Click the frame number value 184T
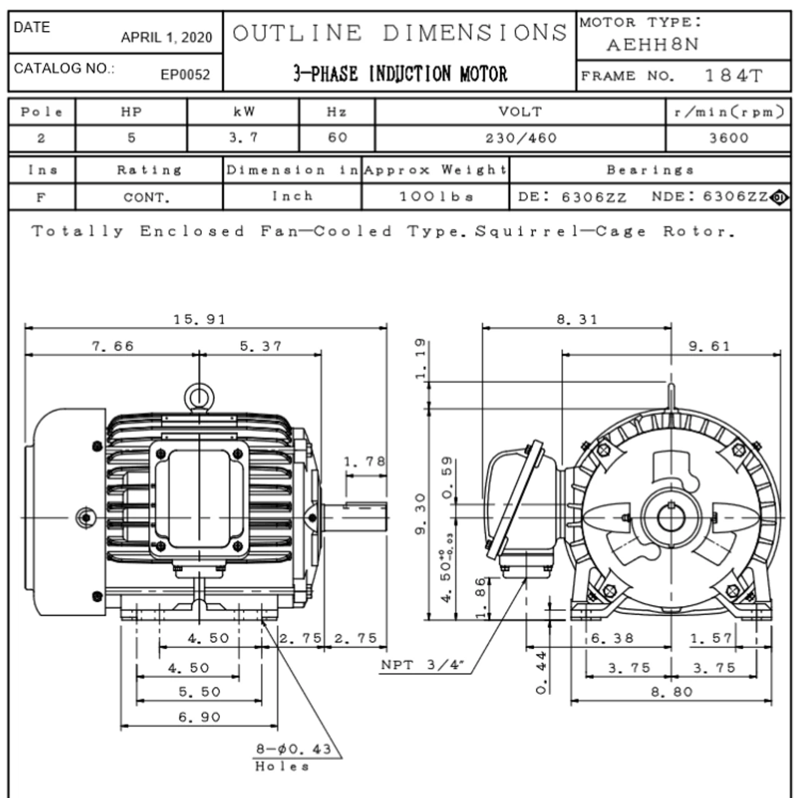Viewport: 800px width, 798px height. [733, 76]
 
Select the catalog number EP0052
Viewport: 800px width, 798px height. [185, 75]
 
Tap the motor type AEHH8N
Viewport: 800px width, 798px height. [652, 45]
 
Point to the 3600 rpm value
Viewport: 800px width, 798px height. [728, 138]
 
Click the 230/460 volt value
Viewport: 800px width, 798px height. [521, 138]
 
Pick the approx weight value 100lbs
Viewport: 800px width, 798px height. [436, 197]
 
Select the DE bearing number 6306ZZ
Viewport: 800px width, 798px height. [593, 197]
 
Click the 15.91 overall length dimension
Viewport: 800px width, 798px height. [199, 319]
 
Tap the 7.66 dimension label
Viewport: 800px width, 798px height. [112, 346]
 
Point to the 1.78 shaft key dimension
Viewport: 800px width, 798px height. [364, 462]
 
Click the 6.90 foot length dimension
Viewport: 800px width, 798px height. [199, 717]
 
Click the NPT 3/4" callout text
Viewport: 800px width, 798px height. [424, 665]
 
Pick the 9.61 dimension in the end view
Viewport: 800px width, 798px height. [709, 346]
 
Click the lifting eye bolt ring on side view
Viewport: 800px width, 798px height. [199, 396]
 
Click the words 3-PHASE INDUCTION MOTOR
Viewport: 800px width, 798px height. [400, 74]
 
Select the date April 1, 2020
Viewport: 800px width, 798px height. [166, 37]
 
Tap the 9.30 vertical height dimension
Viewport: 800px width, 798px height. [420, 514]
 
